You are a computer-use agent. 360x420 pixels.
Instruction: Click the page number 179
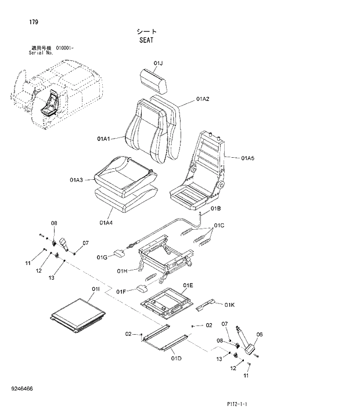(x=34, y=22)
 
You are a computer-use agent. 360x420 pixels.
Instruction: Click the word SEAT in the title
(x=146, y=41)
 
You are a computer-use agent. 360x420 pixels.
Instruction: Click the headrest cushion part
(x=153, y=80)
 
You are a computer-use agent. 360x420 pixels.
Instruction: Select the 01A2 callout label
(x=202, y=99)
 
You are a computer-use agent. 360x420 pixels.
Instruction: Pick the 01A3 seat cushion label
(x=77, y=180)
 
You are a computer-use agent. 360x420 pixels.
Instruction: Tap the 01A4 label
(x=106, y=222)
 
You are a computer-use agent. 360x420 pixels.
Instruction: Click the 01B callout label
(x=215, y=208)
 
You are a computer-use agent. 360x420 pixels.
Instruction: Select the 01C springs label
(x=219, y=225)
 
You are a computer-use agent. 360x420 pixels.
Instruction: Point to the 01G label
(x=102, y=256)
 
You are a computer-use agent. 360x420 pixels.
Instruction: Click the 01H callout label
(x=122, y=270)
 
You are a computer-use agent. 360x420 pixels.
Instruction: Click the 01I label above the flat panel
(x=96, y=288)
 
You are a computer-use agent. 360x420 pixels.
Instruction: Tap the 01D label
(x=176, y=358)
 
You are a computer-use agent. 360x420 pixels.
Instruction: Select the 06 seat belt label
(x=260, y=334)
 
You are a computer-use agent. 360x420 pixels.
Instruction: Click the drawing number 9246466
(x=21, y=388)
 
